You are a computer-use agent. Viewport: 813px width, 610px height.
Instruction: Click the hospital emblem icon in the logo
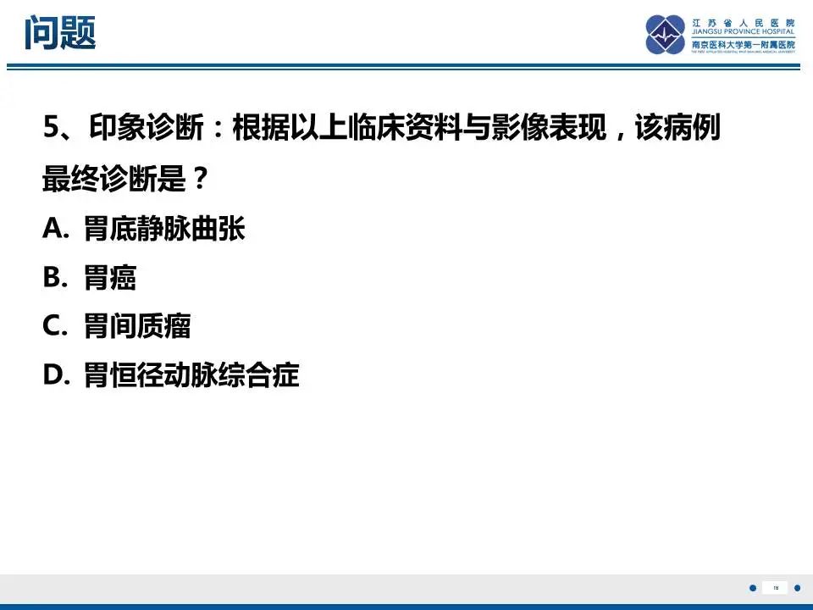pyautogui.click(x=666, y=35)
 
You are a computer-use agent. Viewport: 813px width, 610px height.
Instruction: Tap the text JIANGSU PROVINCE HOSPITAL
pyautogui.click(x=744, y=34)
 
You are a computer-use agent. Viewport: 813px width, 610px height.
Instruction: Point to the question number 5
pyautogui.click(x=50, y=130)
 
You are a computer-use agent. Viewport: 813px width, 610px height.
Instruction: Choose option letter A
pyautogui.click(x=53, y=229)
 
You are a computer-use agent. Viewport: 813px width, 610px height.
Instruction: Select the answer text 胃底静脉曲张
pyautogui.click(x=164, y=229)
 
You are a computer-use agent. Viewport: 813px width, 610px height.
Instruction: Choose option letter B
pyautogui.click(x=53, y=277)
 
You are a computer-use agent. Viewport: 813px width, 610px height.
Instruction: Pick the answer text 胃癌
pyautogui.click(x=110, y=277)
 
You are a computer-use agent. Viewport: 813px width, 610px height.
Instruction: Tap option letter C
pyautogui.click(x=53, y=325)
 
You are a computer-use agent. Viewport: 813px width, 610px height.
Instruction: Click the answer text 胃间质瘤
pyautogui.click(x=137, y=325)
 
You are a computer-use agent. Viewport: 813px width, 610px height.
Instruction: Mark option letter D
pyautogui.click(x=53, y=374)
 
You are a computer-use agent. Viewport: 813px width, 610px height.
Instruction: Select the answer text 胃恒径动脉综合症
pyautogui.click(x=191, y=374)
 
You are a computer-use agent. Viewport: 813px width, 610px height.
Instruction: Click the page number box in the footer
pyautogui.click(x=775, y=588)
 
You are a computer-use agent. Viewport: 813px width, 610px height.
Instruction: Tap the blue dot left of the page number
pyautogui.click(x=754, y=588)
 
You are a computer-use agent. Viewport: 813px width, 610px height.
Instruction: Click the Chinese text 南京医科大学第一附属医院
pyautogui.click(x=744, y=44)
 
